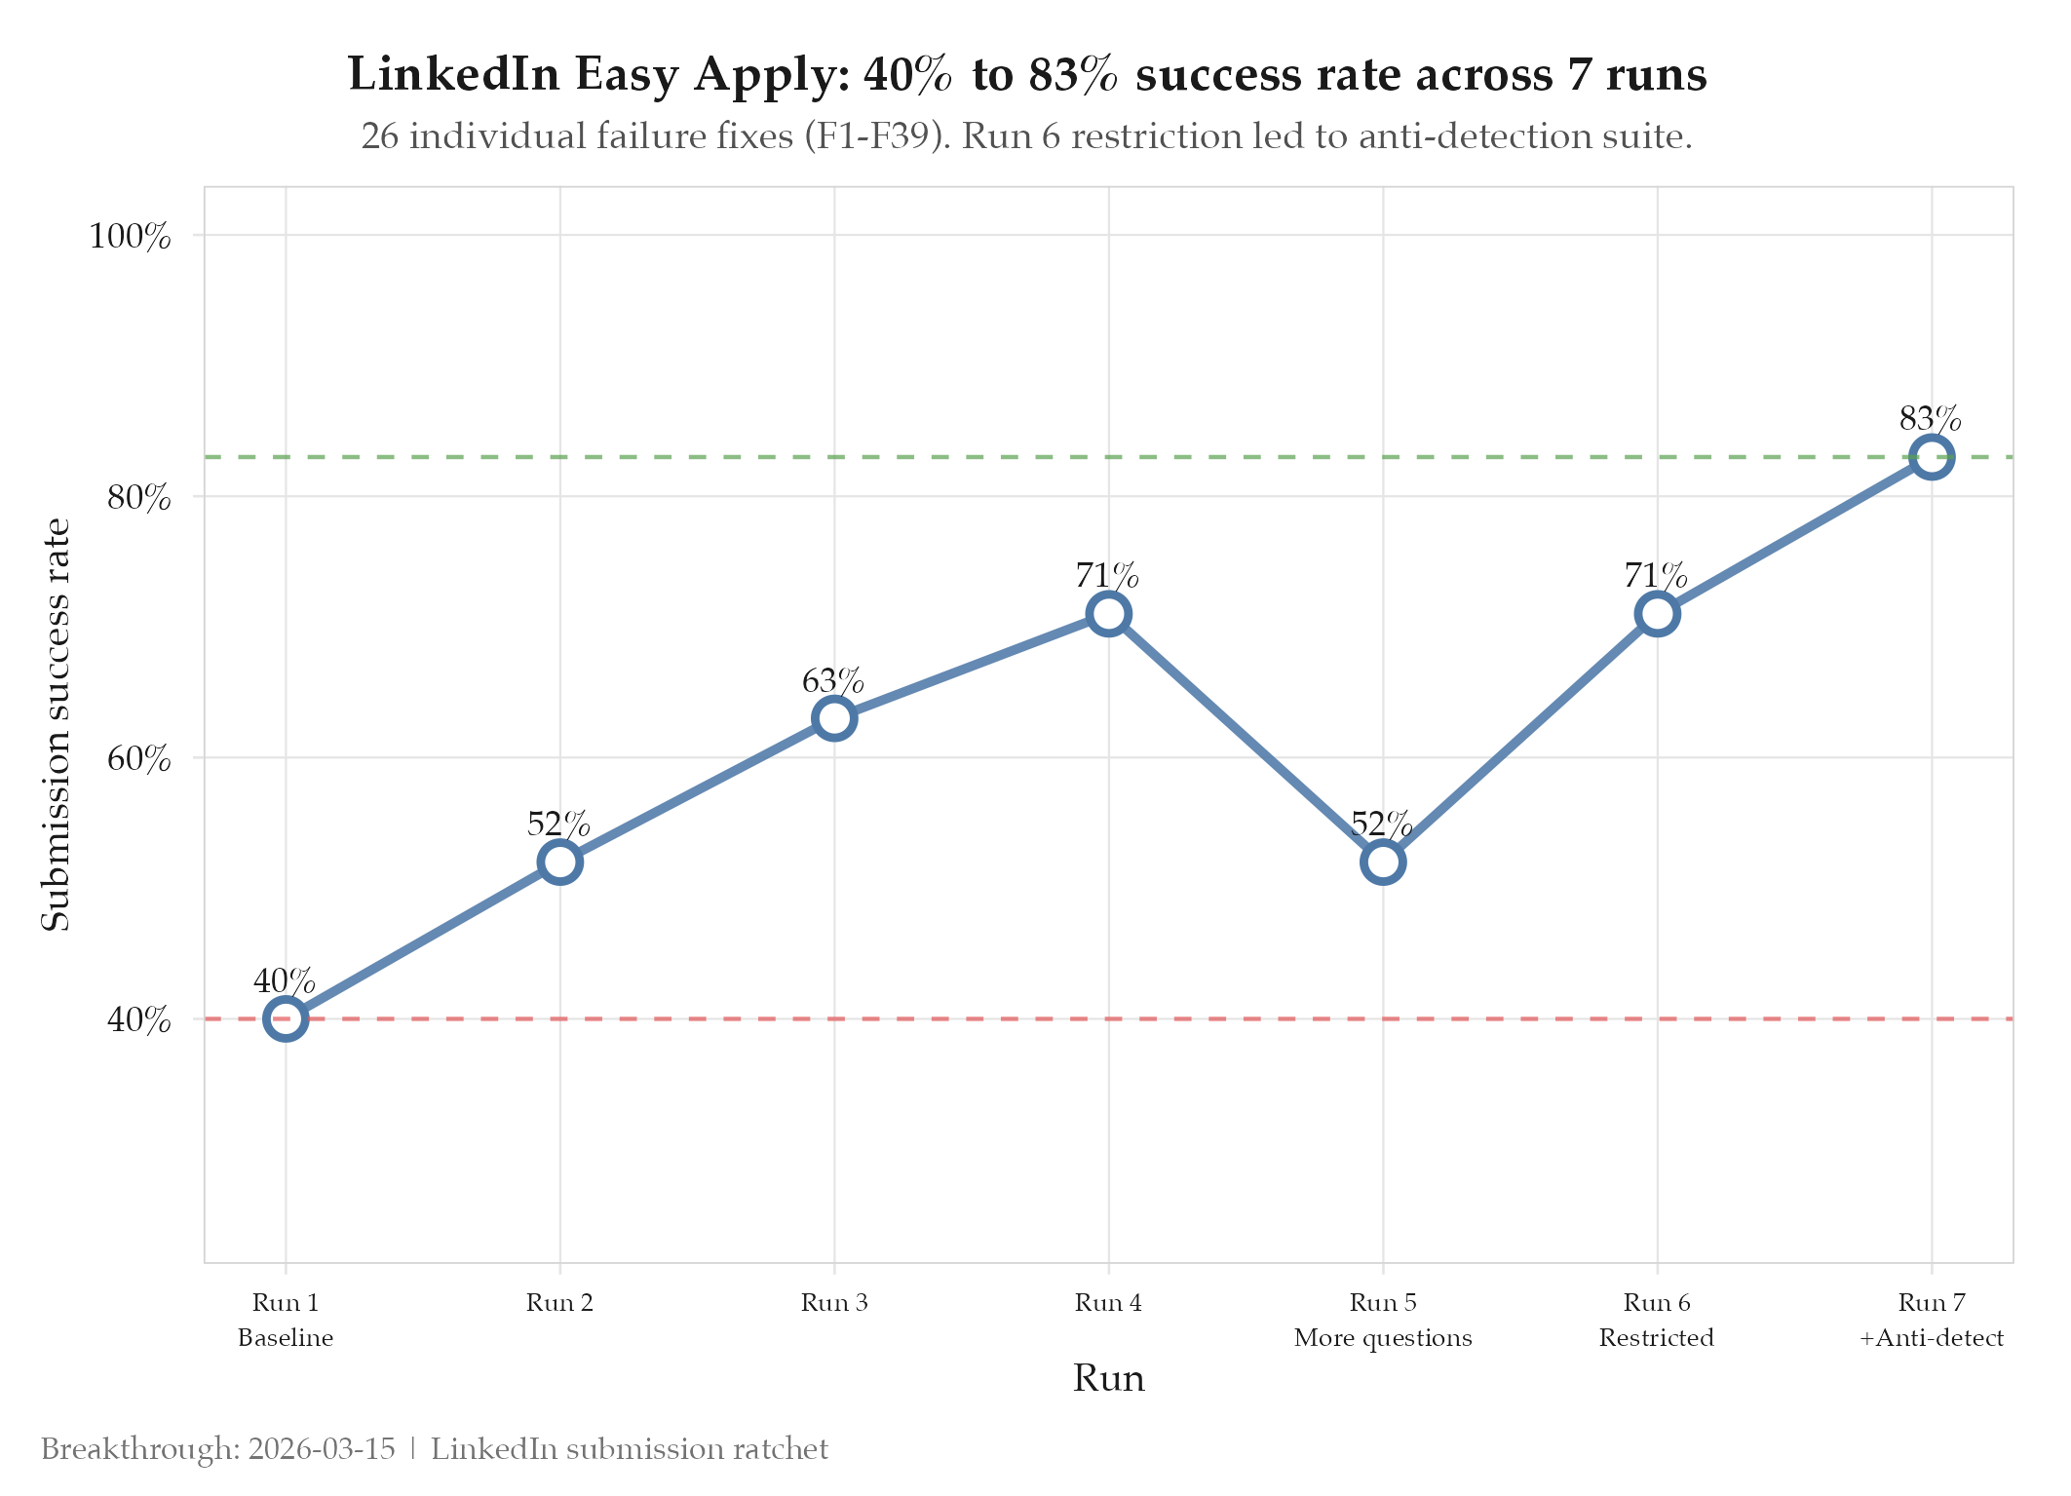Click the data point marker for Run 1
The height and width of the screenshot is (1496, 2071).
(286, 1018)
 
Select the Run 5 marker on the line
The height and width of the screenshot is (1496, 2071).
(1383, 863)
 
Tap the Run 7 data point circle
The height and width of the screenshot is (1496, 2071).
(1932, 457)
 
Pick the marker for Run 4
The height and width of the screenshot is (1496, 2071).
(1109, 614)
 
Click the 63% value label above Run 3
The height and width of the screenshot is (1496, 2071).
(833, 681)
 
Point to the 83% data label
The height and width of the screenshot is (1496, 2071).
(1931, 419)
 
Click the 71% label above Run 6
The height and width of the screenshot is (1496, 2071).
(1656, 576)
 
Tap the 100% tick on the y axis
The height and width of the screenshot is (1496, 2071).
(131, 236)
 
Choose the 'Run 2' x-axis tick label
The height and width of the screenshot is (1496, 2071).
(559, 1302)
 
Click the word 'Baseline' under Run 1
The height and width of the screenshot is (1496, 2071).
(286, 1338)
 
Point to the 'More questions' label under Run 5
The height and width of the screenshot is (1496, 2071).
(1383, 1338)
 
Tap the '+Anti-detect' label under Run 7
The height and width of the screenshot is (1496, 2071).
(1932, 1338)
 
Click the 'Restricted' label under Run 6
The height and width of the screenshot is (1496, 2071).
(1657, 1338)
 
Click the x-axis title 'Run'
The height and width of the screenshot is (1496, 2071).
(1109, 1379)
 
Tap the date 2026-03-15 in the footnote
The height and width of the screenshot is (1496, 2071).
(322, 1449)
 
